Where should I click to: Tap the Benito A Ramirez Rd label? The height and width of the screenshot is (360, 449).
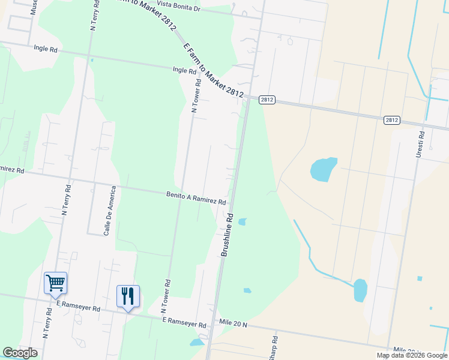tap(196, 198)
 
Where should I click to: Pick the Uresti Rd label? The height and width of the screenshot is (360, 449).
tap(421, 145)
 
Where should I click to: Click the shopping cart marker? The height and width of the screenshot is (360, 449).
tap(55, 283)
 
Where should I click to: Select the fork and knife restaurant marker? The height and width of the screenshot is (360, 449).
tap(128, 296)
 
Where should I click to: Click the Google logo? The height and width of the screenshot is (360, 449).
tap(20, 353)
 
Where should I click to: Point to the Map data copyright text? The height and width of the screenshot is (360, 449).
tap(412, 355)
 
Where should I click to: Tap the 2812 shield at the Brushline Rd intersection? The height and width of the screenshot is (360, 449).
tap(267, 100)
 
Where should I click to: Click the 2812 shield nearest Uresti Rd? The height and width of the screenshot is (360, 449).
tap(391, 120)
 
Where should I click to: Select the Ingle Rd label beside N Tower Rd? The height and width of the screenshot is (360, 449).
tap(184, 70)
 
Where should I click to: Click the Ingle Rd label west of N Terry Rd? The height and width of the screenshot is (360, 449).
tap(46, 48)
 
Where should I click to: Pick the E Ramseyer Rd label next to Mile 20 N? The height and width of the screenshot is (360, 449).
tap(185, 322)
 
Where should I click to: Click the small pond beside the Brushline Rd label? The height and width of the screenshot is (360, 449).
tap(242, 221)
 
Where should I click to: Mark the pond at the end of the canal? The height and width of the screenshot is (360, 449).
tap(360, 290)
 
